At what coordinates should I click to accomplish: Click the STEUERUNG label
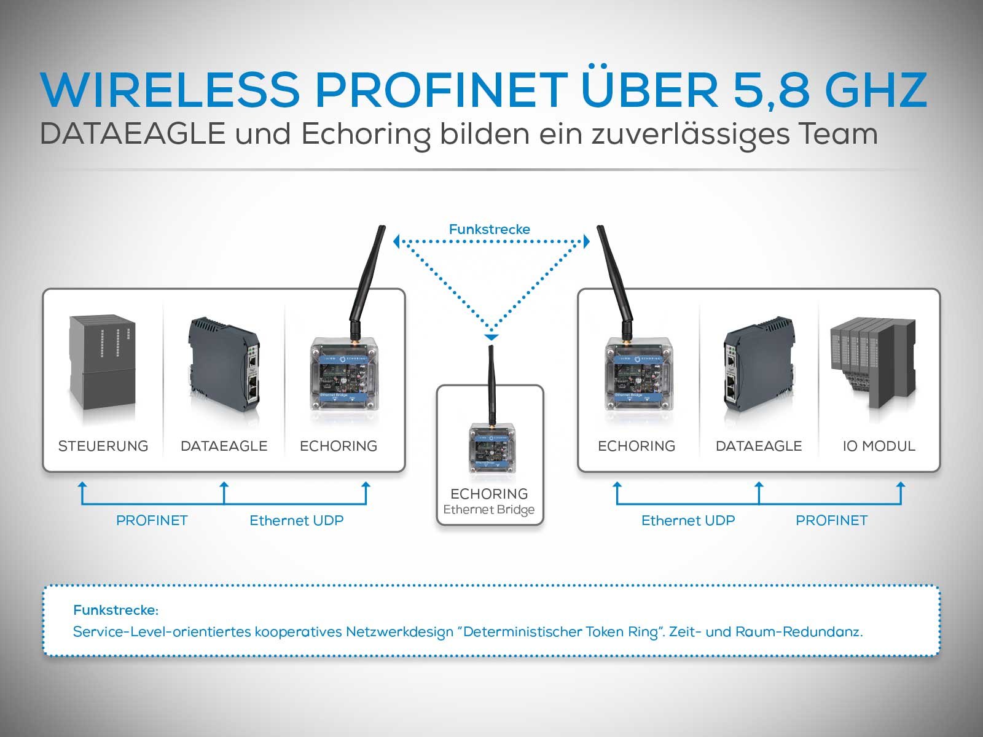103,446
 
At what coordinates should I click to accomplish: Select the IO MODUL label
879,446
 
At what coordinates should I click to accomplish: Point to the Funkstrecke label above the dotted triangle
489,229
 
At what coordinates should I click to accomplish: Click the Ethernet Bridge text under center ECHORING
489,510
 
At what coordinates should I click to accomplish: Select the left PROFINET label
152,520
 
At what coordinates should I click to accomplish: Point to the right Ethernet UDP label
688,520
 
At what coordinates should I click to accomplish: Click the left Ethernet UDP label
296,520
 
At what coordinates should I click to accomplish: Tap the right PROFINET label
831,520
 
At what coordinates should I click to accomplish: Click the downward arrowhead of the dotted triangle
491,337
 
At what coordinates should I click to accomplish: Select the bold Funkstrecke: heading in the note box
116,610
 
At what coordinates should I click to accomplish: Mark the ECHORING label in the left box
339,446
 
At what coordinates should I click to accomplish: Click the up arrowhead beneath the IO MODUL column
901,485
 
